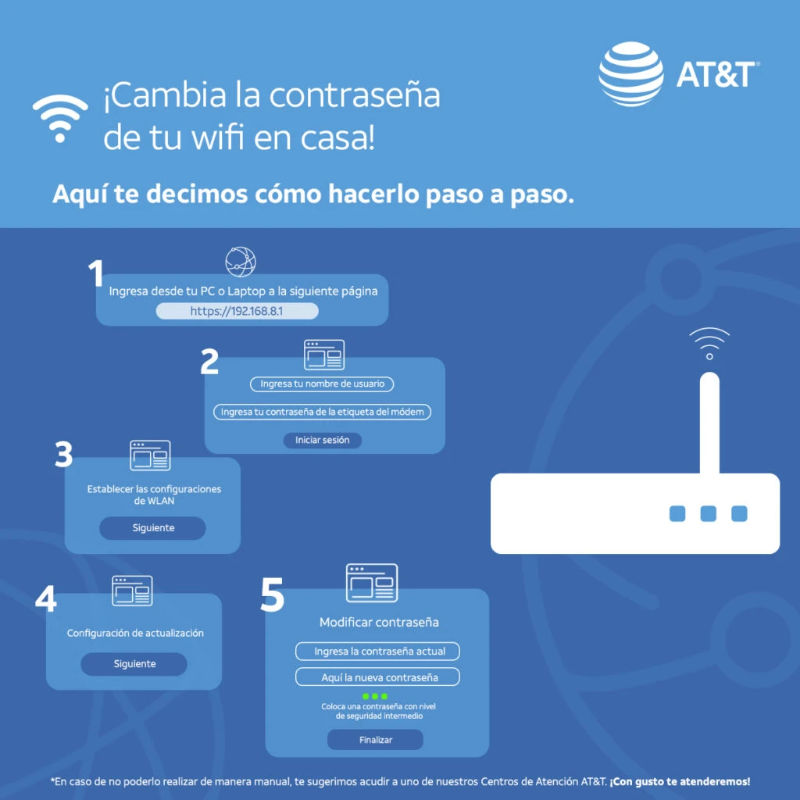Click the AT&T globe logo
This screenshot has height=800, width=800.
pos(631,74)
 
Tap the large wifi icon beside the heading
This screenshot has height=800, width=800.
pos(60,119)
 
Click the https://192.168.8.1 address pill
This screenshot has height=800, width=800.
pos(237,311)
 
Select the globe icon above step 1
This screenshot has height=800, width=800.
pos(241,262)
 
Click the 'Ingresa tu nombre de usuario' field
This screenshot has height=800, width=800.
pos(322,384)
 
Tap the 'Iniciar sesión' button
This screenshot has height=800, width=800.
pos(323,440)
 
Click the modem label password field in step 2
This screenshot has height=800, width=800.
pos(322,412)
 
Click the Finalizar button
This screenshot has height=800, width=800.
pos(376,740)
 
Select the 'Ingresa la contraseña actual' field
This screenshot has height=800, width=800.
pos(377,651)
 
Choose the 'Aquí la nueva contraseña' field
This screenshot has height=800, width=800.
pos(377,677)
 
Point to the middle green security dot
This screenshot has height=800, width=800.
pos(375,696)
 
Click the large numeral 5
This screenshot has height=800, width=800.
pos(272,595)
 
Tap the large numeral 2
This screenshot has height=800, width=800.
pos(209,362)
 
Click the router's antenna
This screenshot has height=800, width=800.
pos(709,423)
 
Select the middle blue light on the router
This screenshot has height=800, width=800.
pos(708,514)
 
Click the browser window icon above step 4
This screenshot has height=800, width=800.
pos(132,591)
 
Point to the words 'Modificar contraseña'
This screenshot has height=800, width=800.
pos(379,622)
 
